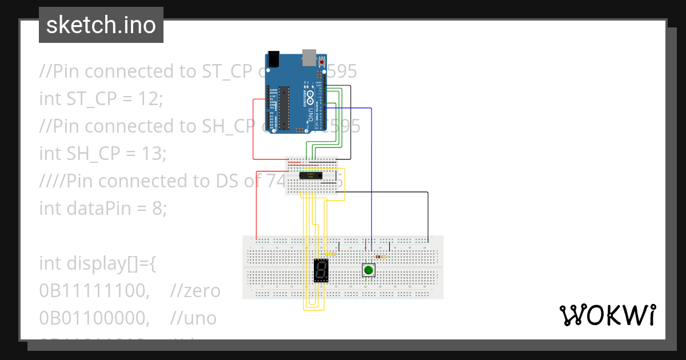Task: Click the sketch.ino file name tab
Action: [x=101, y=25]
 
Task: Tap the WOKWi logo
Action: [x=607, y=315]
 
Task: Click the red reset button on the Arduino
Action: [x=322, y=61]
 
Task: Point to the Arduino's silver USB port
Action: [x=309, y=55]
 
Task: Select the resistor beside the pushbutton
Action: [x=380, y=257]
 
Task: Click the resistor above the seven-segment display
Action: [x=330, y=254]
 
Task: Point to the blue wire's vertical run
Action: [x=372, y=177]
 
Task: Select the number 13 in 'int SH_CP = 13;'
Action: [x=153, y=153]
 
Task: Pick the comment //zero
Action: [x=195, y=291]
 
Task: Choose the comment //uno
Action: [x=193, y=318]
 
